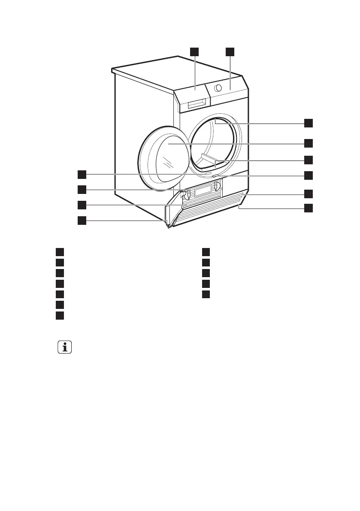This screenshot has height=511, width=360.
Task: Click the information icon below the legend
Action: click(65, 347)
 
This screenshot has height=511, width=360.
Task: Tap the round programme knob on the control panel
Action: click(218, 88)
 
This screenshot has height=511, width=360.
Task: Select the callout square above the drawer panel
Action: click(195, 51)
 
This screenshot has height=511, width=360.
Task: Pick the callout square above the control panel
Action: click(230, 51)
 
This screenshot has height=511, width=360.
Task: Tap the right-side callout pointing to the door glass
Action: click(309, 142)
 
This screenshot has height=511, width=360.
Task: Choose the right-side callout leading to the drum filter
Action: click(309, 160)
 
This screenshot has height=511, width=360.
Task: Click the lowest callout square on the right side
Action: click(309, 208)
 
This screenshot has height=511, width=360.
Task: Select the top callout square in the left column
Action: click(82, 174)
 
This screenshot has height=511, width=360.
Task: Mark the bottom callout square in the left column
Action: click(82, 221)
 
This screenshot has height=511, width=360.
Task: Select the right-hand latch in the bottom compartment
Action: click(217, 186)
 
